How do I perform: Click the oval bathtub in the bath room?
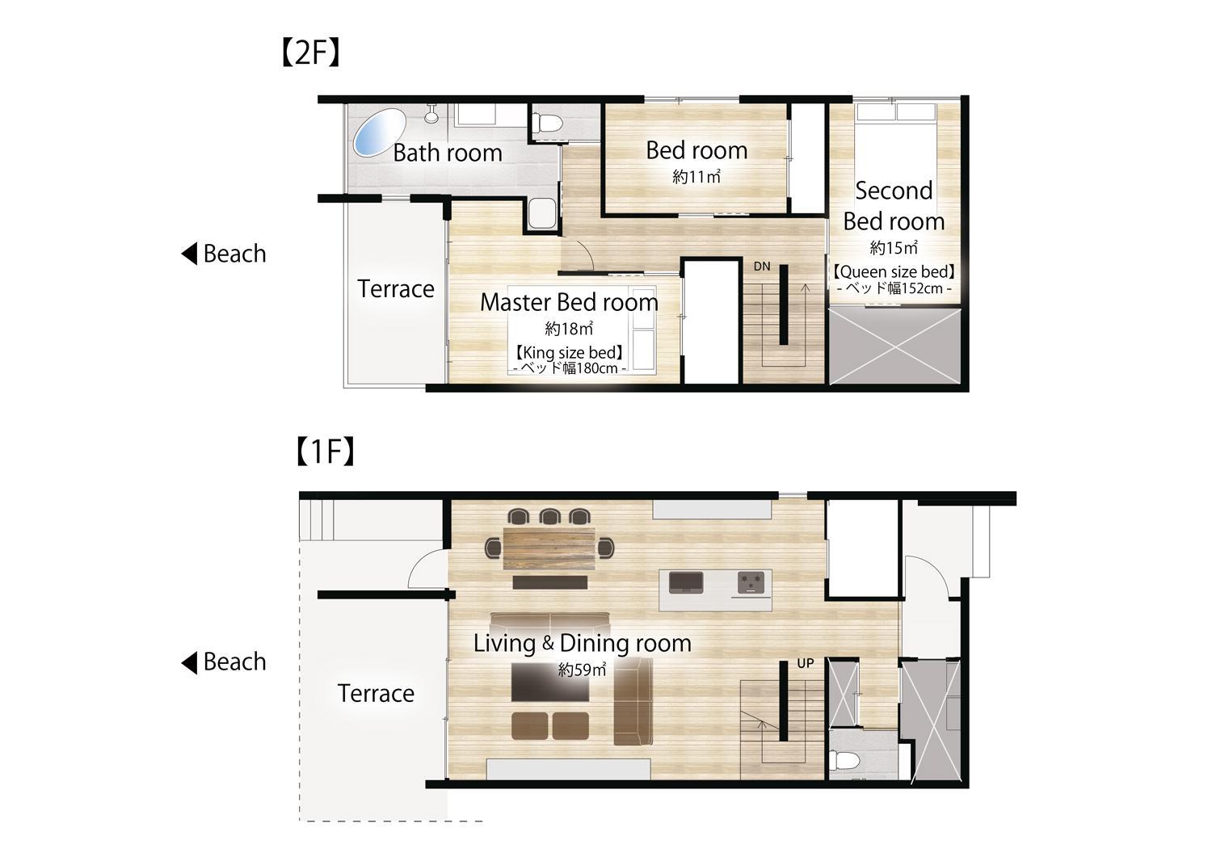[x=379, y=133]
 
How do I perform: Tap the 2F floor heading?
[x=311, y=53]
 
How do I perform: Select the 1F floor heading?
[x=326, y=452]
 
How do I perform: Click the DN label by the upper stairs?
[x=762, y=267]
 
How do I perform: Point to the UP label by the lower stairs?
[x=805, y=663]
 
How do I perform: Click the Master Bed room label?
[x=569, y=302]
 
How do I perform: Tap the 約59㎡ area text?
[x=583, y=670]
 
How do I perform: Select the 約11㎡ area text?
[x=696, y=176]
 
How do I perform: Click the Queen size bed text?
[x=894, y=271]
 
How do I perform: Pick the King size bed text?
[x=569, y=353]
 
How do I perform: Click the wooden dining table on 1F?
[x=549, y=548]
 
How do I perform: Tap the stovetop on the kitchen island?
[x=751, y=582]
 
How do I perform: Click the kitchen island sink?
[x=686, y=582]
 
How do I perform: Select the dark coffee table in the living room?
[x=549, y=683]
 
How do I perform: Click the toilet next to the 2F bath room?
[x=547, y=124]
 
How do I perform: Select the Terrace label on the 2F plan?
[x=396, y=289]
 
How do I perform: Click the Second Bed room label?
[x=894, y=206]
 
